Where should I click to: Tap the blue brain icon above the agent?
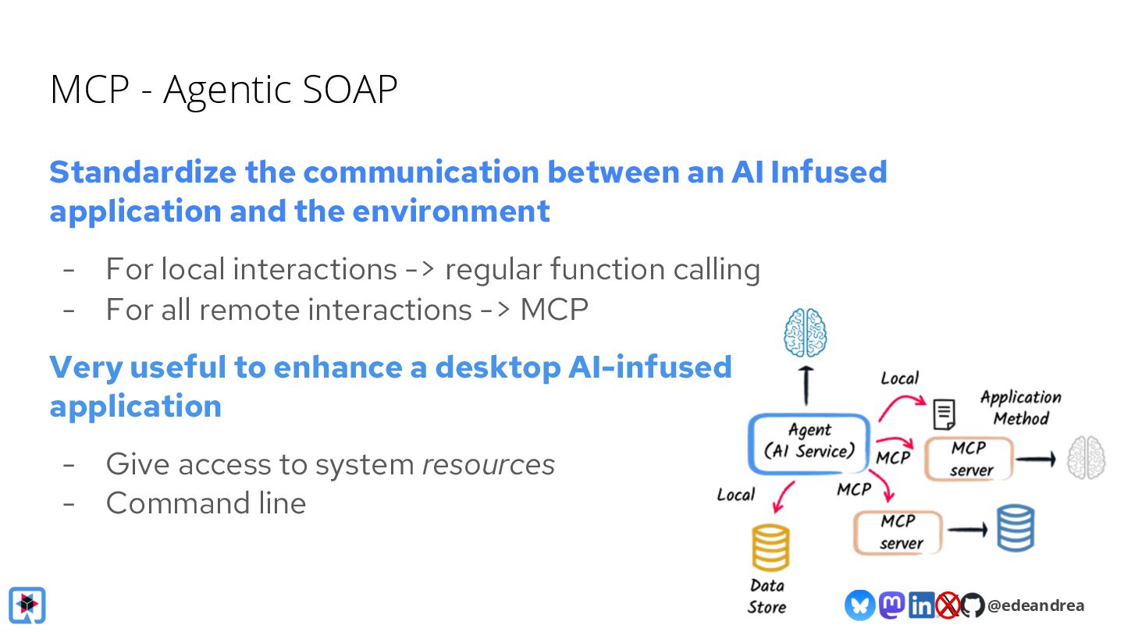tap(806, 333)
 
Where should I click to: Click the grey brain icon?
tap(1087, 457)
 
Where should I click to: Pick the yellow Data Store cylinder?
tap(770, 548)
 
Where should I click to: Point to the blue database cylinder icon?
tap(1016, 529)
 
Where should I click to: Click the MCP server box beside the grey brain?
tap(969, 459)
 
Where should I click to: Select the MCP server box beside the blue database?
tap(898, 532)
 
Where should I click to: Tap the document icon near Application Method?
tap(944, 414)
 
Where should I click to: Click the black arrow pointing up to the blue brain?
tap(806, 385)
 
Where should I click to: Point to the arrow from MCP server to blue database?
tap(967, 530)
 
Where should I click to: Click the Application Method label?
tap(1020, 407)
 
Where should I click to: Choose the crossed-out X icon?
tap(948, 605)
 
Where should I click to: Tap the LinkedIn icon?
tap(921, 605)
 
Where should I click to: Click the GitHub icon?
tap(972, 605)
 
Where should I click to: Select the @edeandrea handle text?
tap(1035, 605)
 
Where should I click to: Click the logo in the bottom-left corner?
tap(27, 605)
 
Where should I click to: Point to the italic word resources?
tap(488, 464)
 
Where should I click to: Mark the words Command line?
tap(206, 503)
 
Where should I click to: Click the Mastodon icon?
tap(891, 604)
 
